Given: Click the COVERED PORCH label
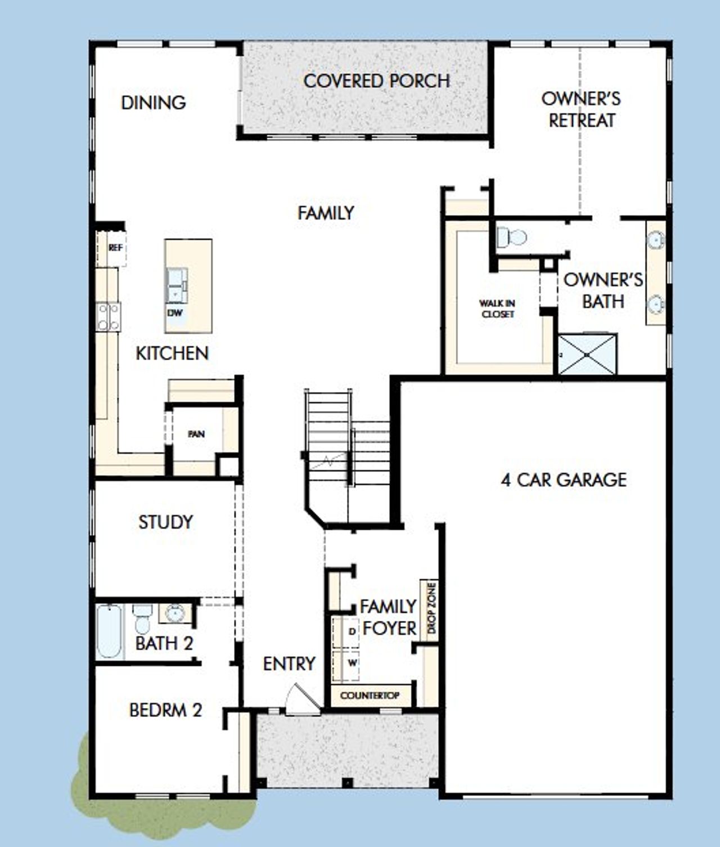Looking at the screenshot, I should coord(376,81).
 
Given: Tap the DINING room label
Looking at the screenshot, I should coord(153,102).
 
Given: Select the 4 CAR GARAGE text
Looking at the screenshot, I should coord(563,479).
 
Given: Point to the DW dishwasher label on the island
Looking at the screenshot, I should coord(175,313).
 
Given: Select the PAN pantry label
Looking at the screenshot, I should coord(196,434).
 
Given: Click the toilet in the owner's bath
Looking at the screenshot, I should coord(511,237).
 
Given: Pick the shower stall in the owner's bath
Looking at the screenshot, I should coord(587,355).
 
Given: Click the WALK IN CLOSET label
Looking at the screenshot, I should coord(497,308).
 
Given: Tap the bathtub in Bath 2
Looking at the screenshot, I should coord(110,631).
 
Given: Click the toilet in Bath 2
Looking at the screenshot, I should coord(142,618).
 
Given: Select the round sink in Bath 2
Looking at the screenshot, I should coord(175,612).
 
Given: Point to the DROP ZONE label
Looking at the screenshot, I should coord(431,608).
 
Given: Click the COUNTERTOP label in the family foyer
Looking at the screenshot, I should coord(370,696).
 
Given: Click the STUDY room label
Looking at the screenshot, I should coord(165,522).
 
